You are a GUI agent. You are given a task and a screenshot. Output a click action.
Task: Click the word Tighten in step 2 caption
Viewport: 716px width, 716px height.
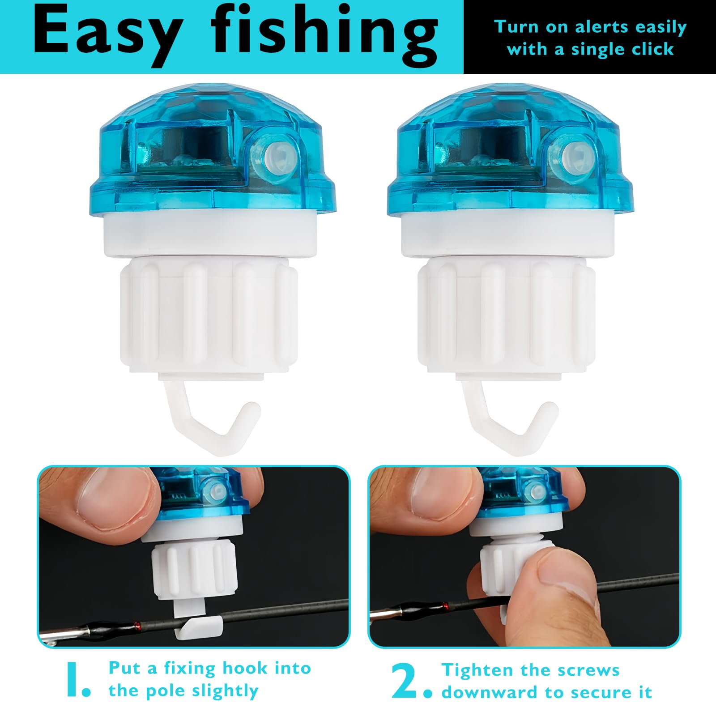[475, 670]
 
